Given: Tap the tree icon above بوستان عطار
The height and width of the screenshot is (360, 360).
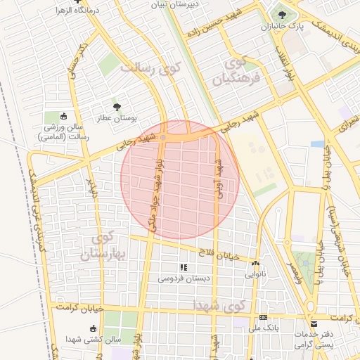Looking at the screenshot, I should pyautogui.click(x=116, y=107).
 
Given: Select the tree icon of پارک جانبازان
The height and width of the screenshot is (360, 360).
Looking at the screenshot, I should pyautogui.click(x=282, y=14).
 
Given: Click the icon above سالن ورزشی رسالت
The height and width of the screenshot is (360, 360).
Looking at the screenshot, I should pyautogui.click(x=65, y=117).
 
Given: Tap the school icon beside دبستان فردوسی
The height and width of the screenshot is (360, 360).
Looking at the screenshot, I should pyautogui.click(x=184, y=267).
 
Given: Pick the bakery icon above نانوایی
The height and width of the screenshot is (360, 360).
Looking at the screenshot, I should pyautogui.click(x=255, y=264).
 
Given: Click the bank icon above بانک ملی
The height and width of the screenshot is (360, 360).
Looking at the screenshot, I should pyautogui.click(x=263, y=317).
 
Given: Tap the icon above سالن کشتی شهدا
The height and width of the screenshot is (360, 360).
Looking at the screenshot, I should pyautogui.click(x=93, y=328).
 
